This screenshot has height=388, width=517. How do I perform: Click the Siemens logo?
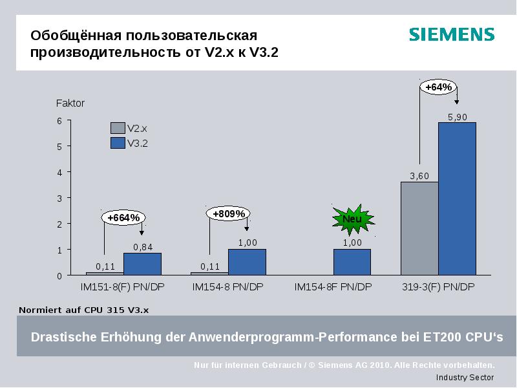[451, 35]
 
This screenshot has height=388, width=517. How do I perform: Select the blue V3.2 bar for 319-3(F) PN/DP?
[457, 199]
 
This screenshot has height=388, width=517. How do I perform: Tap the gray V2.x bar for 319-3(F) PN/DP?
[419, 228]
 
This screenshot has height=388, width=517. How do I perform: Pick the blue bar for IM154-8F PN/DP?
[352, 262]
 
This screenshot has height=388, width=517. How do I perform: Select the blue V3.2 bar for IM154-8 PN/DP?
[247, 262]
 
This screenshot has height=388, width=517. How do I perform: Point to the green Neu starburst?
[352, 219]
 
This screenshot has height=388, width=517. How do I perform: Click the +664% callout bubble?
[123, 218]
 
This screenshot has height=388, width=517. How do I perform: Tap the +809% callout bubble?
[229, 213]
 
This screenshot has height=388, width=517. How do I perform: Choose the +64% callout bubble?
[439, 87]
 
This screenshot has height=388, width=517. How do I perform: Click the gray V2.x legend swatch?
[118, 129]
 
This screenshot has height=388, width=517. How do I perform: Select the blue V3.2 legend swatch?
[118, 143]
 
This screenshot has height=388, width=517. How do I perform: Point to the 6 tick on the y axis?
[59, 121]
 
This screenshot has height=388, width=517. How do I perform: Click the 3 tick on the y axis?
[59, 198]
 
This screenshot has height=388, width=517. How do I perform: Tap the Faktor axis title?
[70, 103]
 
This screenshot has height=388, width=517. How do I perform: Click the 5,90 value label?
[457, 116]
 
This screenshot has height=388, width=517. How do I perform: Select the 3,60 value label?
[419, 176]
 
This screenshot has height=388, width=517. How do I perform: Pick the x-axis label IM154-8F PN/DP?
[333, 287]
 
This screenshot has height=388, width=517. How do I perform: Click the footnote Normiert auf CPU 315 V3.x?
[84, 310]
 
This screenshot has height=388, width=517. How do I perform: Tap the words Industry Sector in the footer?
[465, 378]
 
